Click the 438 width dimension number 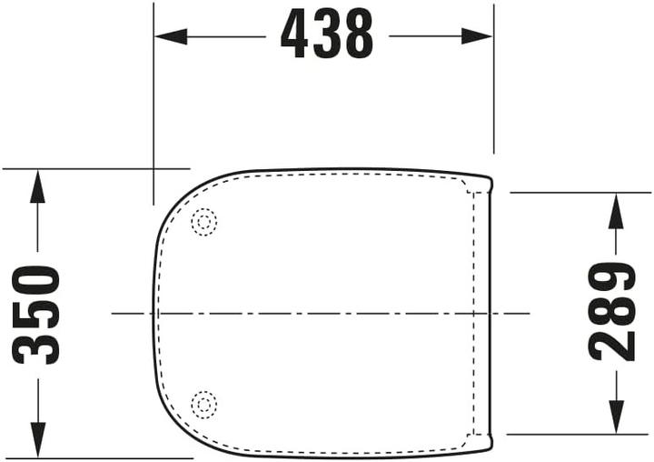tap(327, 35)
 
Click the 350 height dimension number tap(37, 315)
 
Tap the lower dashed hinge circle tap(204, 402)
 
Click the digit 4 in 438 tap(295, 35)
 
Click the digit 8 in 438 tap(359, 35)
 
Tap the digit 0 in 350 tap(37, 282)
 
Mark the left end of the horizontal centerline tap(113, 313)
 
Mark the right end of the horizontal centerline tap(530, 313)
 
